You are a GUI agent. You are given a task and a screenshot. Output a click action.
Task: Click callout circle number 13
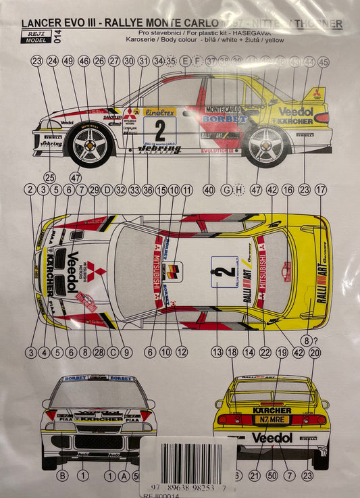217,352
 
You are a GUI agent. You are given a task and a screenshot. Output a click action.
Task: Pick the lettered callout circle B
63,476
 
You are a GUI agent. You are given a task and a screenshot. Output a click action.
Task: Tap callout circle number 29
94,190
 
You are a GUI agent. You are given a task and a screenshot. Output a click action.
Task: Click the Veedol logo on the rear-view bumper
272,438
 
